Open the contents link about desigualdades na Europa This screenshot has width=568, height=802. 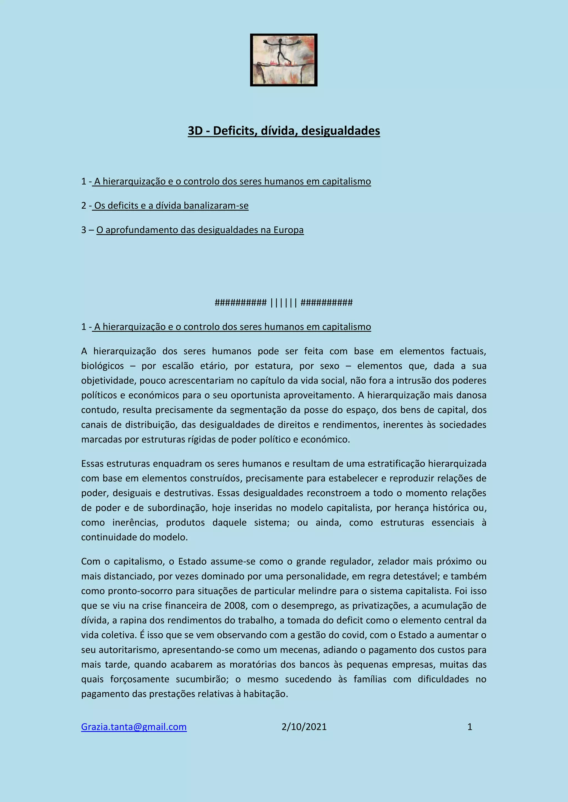(x=200, y=230)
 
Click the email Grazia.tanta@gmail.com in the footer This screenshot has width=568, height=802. (x=134, y=727)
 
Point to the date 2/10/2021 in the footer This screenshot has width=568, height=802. (x=304, y=727)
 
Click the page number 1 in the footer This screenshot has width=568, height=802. (x=470, y=727)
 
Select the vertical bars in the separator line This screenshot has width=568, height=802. (x=284, y=303)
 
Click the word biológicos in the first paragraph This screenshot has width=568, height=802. (x=102, y=366)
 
